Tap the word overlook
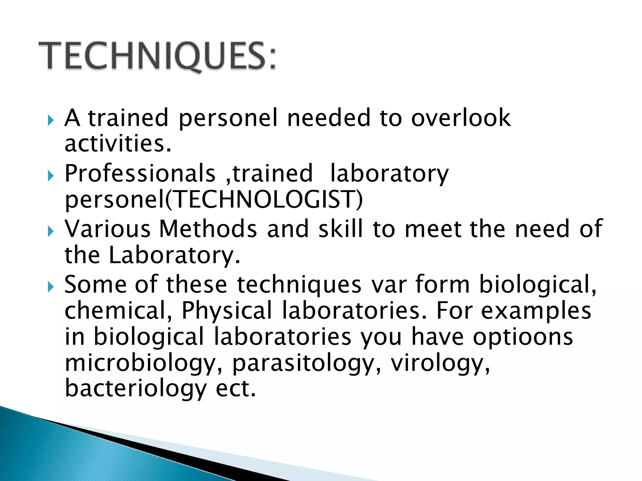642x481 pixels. tap(461, 118)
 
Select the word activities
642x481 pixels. tap(118, 144)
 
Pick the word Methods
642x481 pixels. tap(208, 229)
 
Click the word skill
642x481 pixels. tap(340, 229)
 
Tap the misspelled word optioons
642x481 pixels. tap(523, 337)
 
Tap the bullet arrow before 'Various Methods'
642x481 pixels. tap(51, 232)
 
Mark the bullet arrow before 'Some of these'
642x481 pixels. tap(51, 287)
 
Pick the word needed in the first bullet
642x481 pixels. tap(329, 118)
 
